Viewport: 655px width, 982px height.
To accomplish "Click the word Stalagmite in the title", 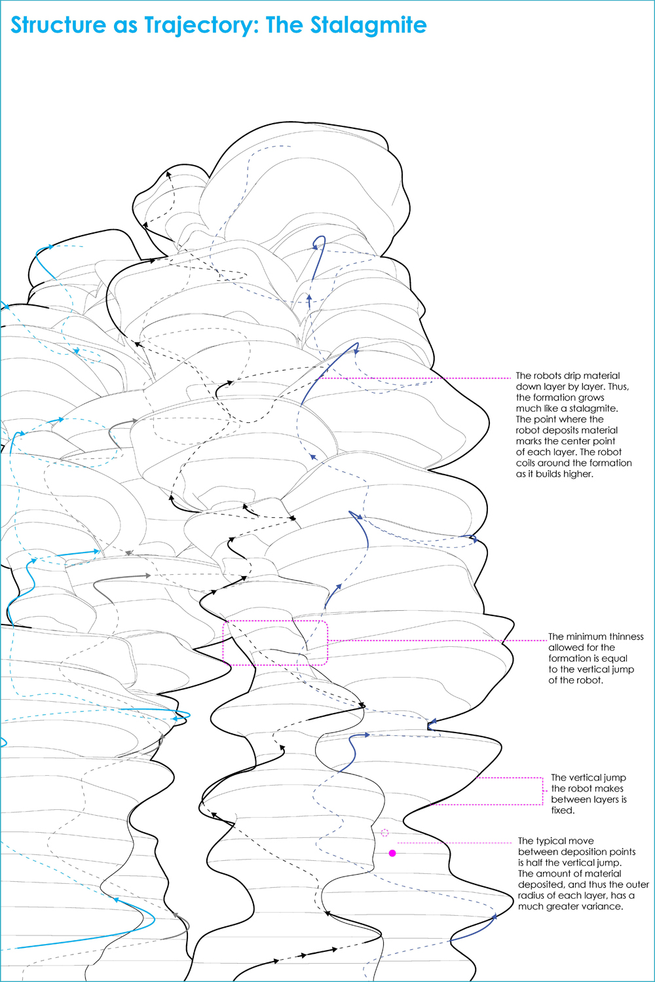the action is pos(368,25).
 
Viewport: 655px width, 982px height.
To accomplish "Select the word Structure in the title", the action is pos(58,25).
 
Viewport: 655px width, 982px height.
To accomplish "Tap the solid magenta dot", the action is pos(392,853).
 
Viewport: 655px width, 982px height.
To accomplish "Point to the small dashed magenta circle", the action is pos(384,833).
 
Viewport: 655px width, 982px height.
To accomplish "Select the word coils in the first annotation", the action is pos(525,463).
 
